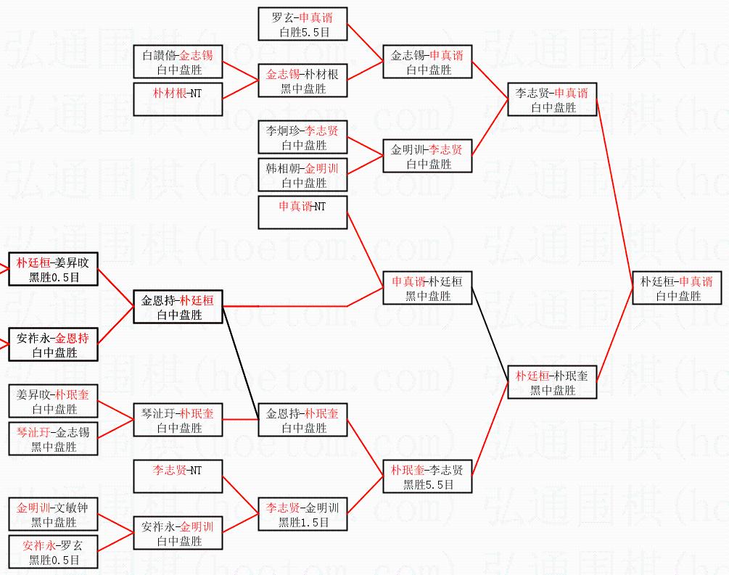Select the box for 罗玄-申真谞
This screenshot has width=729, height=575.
tap(302, 23)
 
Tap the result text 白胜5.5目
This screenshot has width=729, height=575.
tap(302, 32)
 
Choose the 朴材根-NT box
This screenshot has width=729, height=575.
tap(178, 92)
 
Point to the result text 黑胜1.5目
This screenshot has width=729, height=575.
tap(302, 522)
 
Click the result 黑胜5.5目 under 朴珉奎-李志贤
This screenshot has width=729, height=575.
tap(427, 484)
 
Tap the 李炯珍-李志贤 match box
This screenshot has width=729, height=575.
tap(302, 137)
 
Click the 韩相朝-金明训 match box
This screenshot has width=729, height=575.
tap(302, 175)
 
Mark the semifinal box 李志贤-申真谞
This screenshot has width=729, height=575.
tap(552, 99)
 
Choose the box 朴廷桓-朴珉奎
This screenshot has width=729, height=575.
tap(552, 382)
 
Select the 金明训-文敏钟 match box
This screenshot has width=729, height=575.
tap(53, 514)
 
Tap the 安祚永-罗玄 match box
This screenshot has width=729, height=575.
tap(53, 552)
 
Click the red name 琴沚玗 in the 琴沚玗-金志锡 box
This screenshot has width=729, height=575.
tap(31, 432)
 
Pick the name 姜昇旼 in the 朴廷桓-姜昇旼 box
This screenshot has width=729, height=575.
tap(75, 262)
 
